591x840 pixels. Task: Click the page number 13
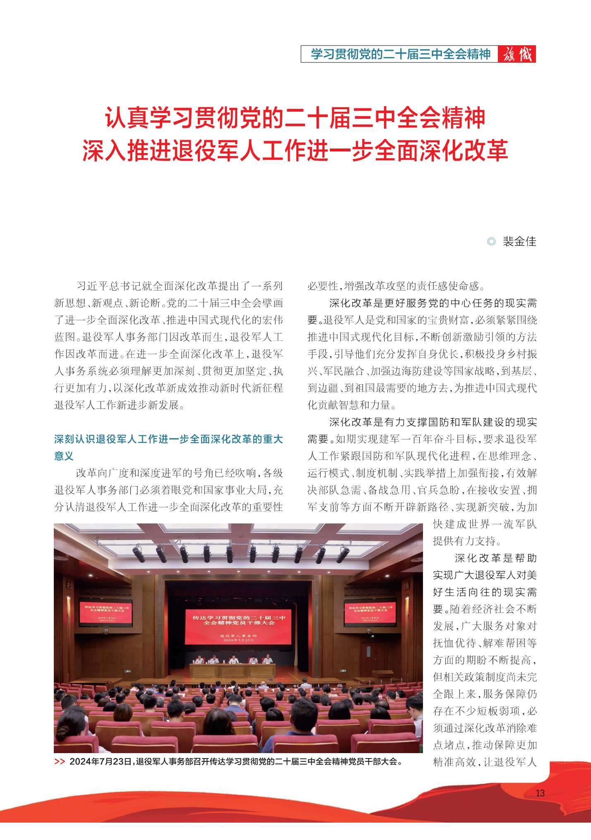pos(540,793)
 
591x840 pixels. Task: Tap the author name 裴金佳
pos(519,241)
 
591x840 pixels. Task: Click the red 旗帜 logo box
pos(517,54)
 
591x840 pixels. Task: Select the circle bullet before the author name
pos(491,241)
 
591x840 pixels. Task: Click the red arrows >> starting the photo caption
pos(60,761)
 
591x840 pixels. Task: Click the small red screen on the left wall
pos(106,613)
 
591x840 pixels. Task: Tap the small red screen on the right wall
pos(370,613)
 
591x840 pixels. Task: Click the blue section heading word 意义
pos(64,456)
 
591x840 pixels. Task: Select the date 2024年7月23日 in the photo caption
pos(100,761)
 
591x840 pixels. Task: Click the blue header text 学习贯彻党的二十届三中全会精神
pos(400,54)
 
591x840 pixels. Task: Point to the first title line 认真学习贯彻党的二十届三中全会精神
pos(295,118)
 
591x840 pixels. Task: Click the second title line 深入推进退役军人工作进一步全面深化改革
pos(295,150)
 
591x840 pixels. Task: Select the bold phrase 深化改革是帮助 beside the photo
pos(495,558)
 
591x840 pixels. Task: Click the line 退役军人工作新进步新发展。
pos(119,405)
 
